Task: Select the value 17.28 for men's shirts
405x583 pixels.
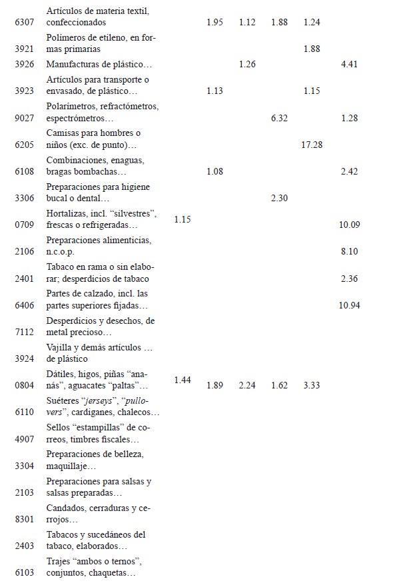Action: [x=312, y=145]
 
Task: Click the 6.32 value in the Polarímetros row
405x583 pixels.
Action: [x=279, y=118]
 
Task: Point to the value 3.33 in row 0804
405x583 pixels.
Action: [x=312, y=385]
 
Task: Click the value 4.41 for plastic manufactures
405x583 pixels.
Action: [x=349, y=65]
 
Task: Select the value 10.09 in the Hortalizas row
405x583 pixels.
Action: [x=349, y=225]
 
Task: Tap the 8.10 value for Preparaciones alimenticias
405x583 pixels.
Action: [x=349, y=251]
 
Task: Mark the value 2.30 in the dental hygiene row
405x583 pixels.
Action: [x=279, y=198]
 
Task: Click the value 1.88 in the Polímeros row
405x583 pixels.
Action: [x=312, y=49]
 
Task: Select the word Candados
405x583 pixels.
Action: [x=65, y=508]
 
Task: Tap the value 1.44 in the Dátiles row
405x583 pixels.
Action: [x=183, y=380]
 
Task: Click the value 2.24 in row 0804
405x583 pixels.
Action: [x=247, y=385]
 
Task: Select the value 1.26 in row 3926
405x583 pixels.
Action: [x=247, y=65]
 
